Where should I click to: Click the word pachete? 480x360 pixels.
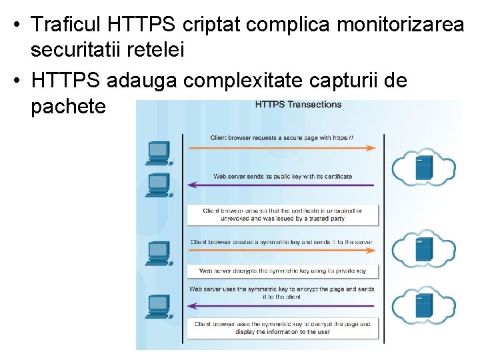[x=68, y=106]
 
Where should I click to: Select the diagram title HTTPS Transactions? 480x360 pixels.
[x=299, y=104]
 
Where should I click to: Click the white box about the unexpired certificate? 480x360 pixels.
[x=282, y=215]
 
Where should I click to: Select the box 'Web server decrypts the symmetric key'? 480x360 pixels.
[x=282, y=271]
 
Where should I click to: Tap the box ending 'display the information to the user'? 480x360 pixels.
[x=282, y=328]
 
